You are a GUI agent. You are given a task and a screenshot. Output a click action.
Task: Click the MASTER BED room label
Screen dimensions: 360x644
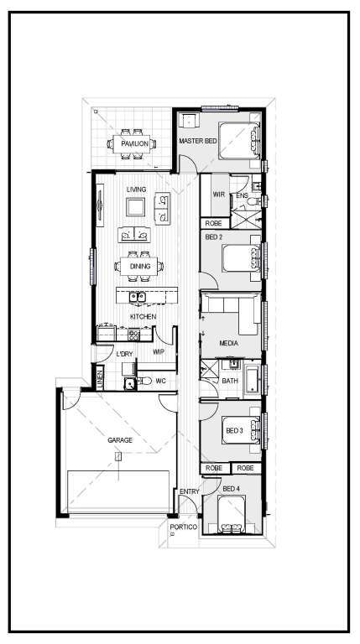pos(198,141)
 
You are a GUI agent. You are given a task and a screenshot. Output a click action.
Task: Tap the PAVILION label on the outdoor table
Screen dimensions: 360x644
pos(134,143)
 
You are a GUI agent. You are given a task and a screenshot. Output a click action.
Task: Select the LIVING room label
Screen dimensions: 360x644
pos(136,190)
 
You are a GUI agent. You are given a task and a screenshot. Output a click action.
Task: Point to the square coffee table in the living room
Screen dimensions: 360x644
pos(136,207)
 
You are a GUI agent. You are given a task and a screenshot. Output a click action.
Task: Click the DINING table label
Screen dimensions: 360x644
pos(140,266)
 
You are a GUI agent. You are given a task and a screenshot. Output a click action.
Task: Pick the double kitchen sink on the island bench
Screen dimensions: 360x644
pos(138,297)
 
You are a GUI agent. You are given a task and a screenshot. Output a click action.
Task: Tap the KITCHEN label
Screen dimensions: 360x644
pos(143,317)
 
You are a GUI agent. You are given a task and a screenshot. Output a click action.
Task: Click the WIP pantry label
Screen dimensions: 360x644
pos(159,352)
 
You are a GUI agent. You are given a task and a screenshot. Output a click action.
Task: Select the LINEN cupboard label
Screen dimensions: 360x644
pos(100,378)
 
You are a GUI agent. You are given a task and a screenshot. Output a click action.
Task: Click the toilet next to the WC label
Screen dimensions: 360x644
pos(144,382)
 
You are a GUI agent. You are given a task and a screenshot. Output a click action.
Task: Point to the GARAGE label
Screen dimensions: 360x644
pos(120,440)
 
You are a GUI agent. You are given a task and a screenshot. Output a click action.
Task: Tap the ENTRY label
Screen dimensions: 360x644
pos(190,491)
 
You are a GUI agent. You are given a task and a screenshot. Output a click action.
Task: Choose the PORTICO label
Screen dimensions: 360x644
pos(184,527)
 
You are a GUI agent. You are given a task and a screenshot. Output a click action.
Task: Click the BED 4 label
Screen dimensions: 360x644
pos(231,489)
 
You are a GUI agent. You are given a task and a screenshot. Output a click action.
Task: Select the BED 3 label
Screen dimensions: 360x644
pos(234,430)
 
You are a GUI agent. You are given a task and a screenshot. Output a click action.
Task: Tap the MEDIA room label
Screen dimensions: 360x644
pos(229,343)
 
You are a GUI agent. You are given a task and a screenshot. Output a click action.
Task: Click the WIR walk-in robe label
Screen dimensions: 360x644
pos(219,195)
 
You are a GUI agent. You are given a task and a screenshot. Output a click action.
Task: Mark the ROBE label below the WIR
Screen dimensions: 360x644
pos(214,223)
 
